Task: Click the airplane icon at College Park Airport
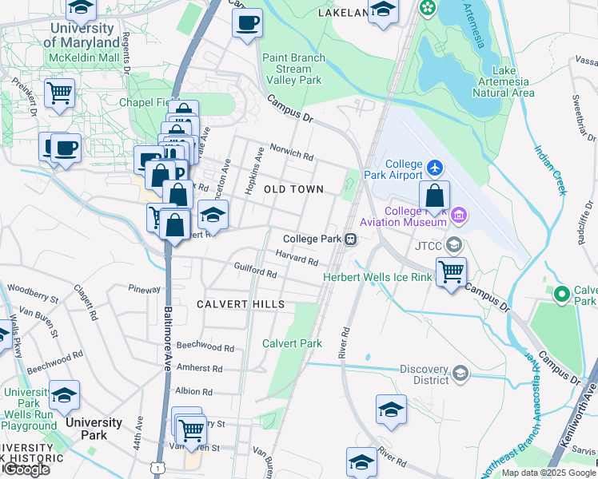(434, 168)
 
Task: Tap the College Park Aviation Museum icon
(458, 214)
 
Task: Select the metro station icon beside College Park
(349, 239)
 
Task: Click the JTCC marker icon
(455, 244)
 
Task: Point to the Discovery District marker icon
(460, 374)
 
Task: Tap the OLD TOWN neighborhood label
(293, 189)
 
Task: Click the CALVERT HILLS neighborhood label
(240, 305)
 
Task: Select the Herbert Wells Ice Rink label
(377, 277)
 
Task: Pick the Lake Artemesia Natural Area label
(503, 81)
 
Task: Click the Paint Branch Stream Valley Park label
(293, 69)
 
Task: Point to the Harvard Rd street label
(297, 258)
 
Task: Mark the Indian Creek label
(551, 169)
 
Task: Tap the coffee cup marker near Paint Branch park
(248, 22)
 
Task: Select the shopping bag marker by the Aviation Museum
(434, 196)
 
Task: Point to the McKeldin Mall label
(82, 57)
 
